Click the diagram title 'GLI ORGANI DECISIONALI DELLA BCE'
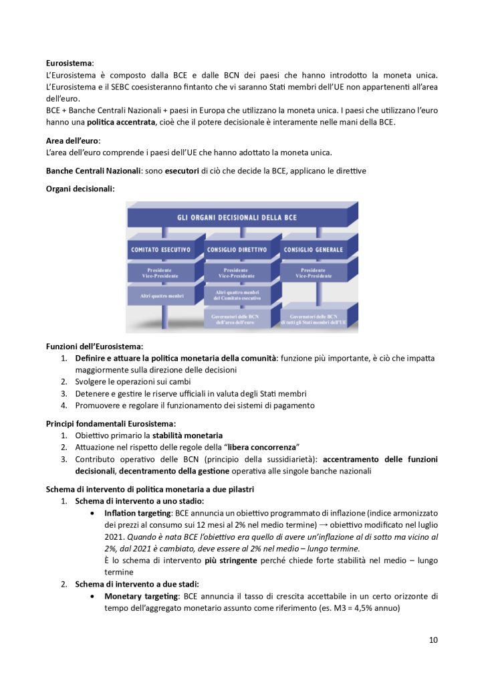(241, 217)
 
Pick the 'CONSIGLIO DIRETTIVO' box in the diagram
(237, 250)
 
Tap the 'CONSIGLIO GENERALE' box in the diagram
(314, 250)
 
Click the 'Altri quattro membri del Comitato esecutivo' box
(237, 296)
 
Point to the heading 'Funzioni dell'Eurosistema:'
(94, 347)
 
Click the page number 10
(433, 640)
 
